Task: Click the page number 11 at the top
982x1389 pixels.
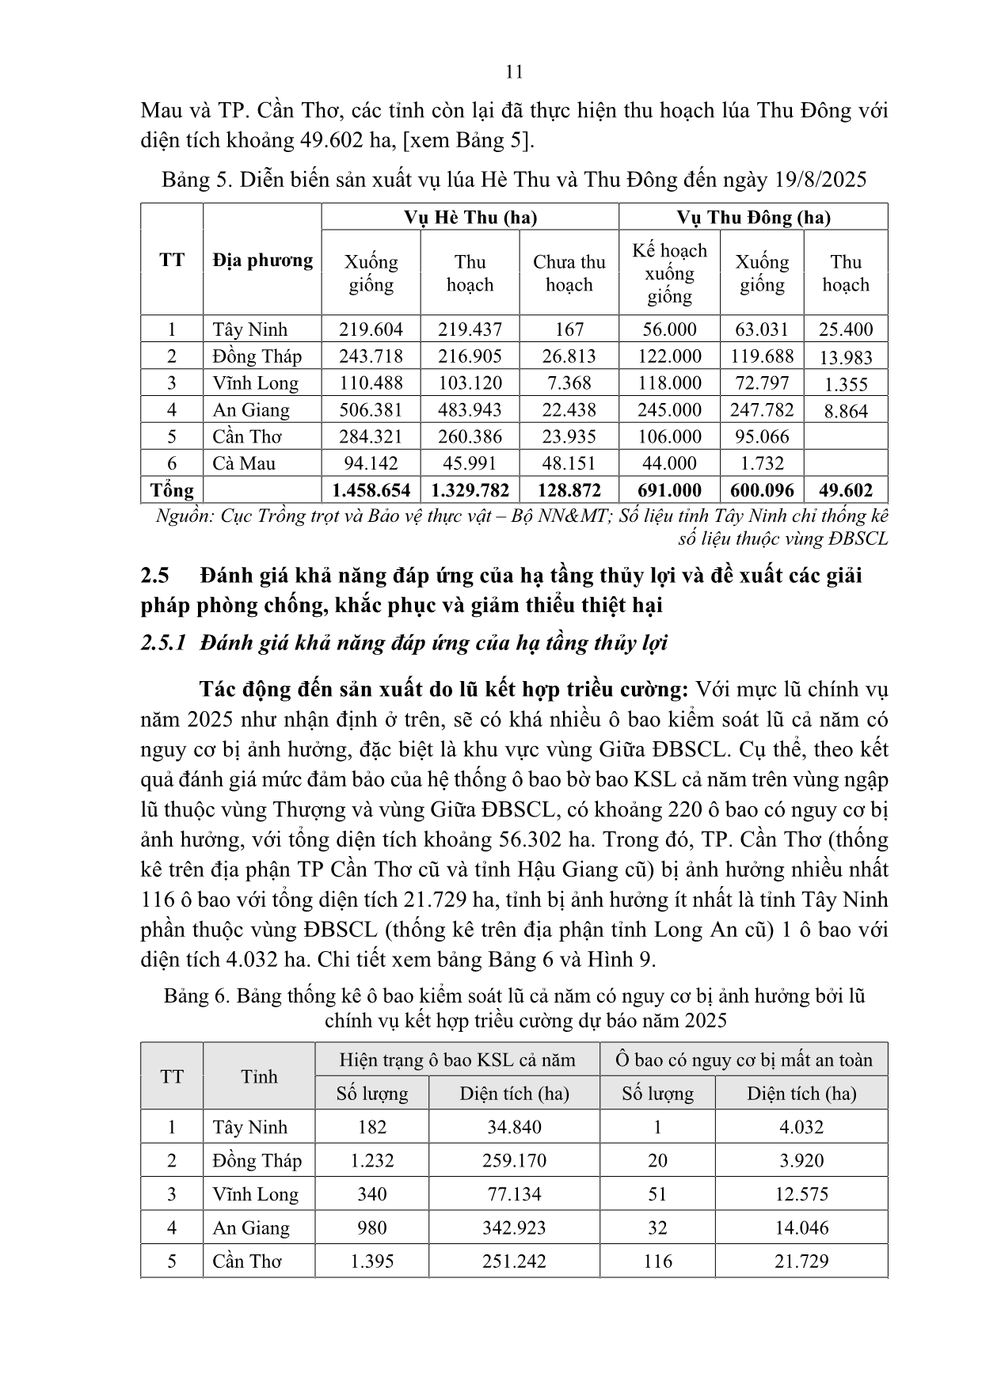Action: pyautogui.click(x=514, y=72)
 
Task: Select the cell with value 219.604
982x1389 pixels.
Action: pyautogui.click(x=371, y=329)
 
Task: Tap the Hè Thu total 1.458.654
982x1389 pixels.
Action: pyautogui.click(x=371, y=490)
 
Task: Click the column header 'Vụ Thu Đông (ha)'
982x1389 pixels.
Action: pyautogui.click(x=752, y=218)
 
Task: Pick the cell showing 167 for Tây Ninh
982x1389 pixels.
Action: pyautogui.click(x=569, y=329)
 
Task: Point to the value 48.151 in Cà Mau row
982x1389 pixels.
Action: pyautogui.click(x=569, y=463)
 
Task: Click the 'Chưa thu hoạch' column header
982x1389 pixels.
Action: pyautogui.click(x=569, y=273)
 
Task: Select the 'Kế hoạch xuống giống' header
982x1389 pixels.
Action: pyautogui.click(x=669, y=273)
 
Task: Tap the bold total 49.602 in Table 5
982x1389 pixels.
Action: pyautogui.click(x=845, y=490)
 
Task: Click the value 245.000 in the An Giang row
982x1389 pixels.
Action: pyautogui.click(x=669, y=409)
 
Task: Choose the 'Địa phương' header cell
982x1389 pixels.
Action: pyautogui.click(x=262, y=260)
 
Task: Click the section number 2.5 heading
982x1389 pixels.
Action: pyautogui.click(x=155, y=575)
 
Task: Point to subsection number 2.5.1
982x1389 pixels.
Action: pyautogui.click(x=163, y=642)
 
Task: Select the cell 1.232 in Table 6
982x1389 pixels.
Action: pyautogui.click(x=371, y=1161)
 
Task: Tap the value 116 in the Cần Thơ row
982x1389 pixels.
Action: pyautogui.click(x=657, y=1262)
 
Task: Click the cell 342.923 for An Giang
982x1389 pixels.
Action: pyautogui.click(x=514, y=1228)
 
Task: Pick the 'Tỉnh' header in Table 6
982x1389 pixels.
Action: pyautogui.click(x=259, y=1076)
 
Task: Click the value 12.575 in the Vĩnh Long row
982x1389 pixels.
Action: pyautogui.click(x=801, y=1194)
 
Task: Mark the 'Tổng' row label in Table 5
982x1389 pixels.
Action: pyautogui.click(x=172, y=490)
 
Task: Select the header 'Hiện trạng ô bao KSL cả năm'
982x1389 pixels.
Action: pyautogui.click(x=457, y=1060)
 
